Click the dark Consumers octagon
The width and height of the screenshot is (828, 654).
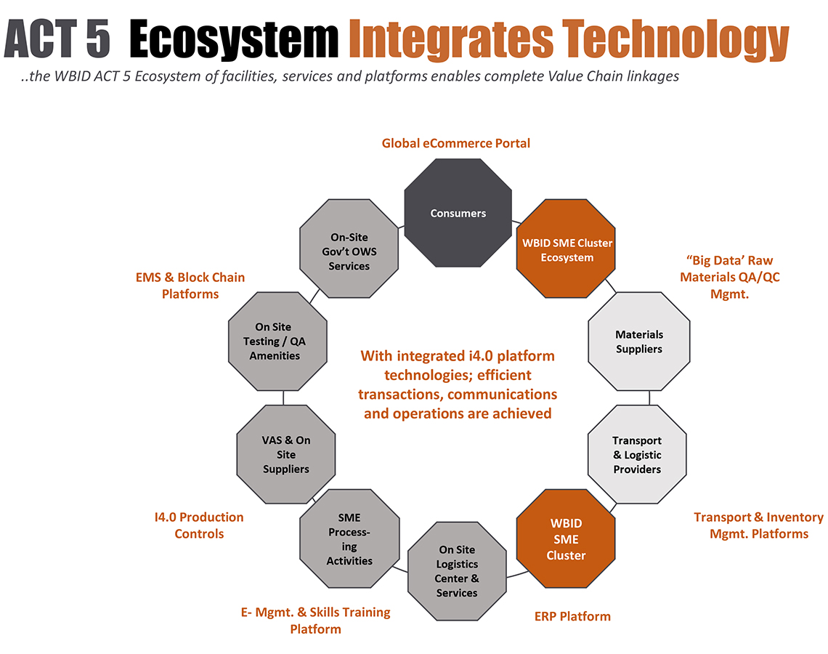tap(458, 213)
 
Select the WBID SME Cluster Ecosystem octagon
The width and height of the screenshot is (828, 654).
tap(566, 249)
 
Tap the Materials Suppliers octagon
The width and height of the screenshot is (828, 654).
tap(639, 342)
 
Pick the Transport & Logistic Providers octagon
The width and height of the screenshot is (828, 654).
tap(638, 454)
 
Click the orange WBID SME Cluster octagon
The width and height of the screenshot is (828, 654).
tap(566, 538)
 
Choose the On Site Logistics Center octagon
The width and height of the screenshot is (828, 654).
tap(458, 571)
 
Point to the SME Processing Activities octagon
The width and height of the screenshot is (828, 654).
tap(349, 538)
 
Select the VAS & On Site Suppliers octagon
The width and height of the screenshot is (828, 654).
tap(285, 454)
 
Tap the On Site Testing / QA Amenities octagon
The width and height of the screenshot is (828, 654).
tap(277, 342)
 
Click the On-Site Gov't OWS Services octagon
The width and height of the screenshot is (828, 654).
tap(349, 249)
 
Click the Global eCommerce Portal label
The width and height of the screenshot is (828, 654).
tap(455, 143)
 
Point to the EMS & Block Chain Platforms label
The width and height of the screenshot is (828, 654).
tap(190, 286)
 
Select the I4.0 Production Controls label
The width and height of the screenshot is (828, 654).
tap(199, 525)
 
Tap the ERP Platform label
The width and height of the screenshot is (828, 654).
tap(572, 616)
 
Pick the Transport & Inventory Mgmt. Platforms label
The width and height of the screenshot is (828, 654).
tap(759, 525)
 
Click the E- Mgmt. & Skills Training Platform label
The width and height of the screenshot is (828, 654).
tap(316, 620)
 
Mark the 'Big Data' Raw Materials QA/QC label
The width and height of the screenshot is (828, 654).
tap(730, 277)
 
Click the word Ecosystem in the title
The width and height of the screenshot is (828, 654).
tap(234, 39)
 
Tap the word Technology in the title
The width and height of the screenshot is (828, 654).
tap(675, 39)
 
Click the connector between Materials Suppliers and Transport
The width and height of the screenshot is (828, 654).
tap(649, 397)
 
